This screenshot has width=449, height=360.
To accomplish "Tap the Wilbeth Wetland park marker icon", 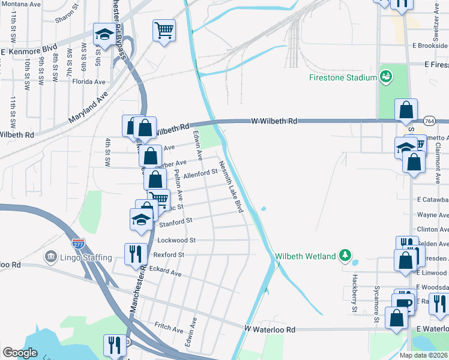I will (x=345, y=256).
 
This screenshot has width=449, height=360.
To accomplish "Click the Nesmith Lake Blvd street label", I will (x=231, y=186).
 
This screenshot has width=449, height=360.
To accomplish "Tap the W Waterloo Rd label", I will (x=270, y=329).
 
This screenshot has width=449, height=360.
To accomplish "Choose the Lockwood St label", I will (x=176, y=240).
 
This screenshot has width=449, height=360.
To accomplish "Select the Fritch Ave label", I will (x=169, y=329).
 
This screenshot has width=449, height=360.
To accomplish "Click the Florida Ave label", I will (x=88, y=82).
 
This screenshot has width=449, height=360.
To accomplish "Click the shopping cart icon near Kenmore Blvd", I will (x=164, y=29).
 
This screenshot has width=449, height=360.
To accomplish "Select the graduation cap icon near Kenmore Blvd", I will (x=104, y=34).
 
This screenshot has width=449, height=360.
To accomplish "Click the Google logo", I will (x=20, y=353).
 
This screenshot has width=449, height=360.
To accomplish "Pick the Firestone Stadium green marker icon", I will (x=385, y=77).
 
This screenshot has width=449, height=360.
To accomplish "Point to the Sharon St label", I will (x=67, y=19).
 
